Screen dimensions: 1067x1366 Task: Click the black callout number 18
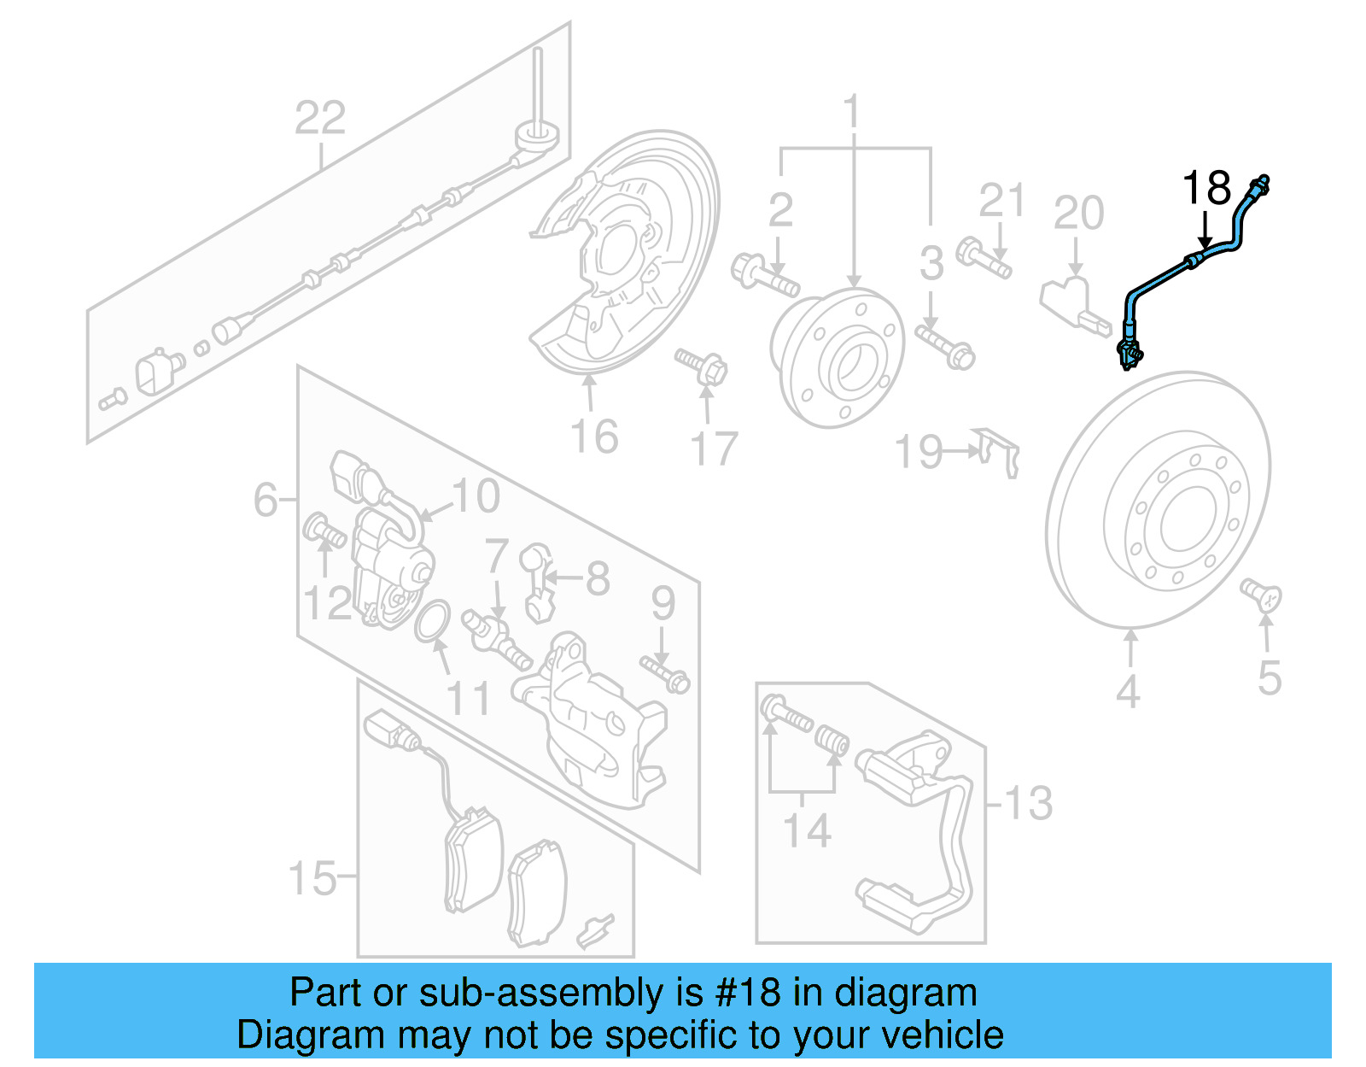(1205, 189)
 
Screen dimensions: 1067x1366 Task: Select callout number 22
(320, 119)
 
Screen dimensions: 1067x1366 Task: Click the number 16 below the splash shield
(594, 437)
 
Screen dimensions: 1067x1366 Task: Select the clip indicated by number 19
(998, 452)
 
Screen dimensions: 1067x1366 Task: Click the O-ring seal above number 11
(433, 620)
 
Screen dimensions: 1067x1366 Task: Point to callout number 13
(1028, 803)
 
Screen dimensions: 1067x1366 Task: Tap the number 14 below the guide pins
(807, 830)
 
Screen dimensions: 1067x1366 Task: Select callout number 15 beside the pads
(312, 877)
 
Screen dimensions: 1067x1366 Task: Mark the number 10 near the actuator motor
(476, 496)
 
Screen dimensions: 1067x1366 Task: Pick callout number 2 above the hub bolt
(780, 210)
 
